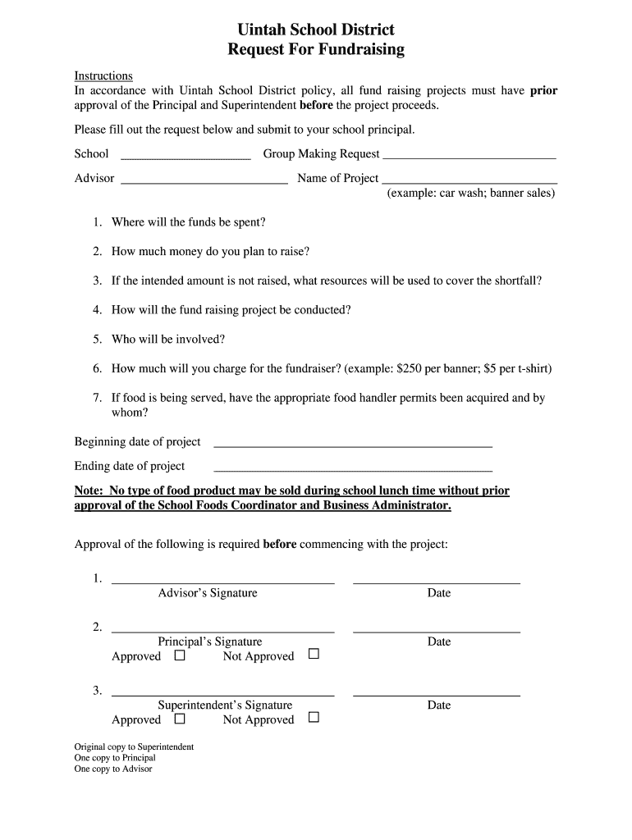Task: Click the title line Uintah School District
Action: (x=316, y=30)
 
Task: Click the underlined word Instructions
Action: (x=103, y=76)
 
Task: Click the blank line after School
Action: (x=185, y=156)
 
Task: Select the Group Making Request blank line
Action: (x=469, y=156)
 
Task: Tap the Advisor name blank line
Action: (x=204, y=180)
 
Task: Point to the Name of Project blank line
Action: (x=470, y=180)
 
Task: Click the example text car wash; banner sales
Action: (x=471, y=194)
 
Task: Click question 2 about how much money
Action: (x=210, y=252)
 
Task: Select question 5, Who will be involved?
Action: (x=167, y=339)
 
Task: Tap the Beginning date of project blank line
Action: (x=353, y=445)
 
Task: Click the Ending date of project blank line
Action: (x=353, y=469)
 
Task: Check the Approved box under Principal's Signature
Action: (x=180, y=655)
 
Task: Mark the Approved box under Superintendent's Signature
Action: (x=180, y=719)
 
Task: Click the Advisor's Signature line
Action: (x=223, y=582)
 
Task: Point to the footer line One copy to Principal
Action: (x=115, y=758)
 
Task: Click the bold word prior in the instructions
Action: (x=543, y=91)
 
